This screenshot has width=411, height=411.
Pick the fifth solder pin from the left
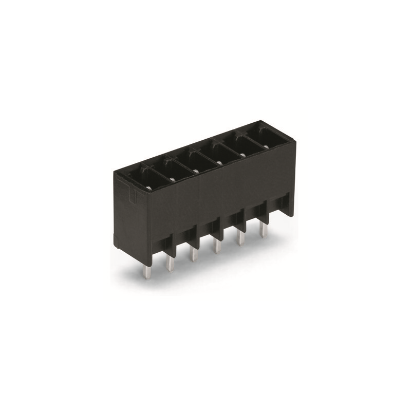pos(239,238)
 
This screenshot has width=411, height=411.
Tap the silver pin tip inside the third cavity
pos(196,171)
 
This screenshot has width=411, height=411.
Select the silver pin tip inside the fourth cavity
pos(219,162)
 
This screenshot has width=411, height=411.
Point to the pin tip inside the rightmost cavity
pos(267,145)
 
